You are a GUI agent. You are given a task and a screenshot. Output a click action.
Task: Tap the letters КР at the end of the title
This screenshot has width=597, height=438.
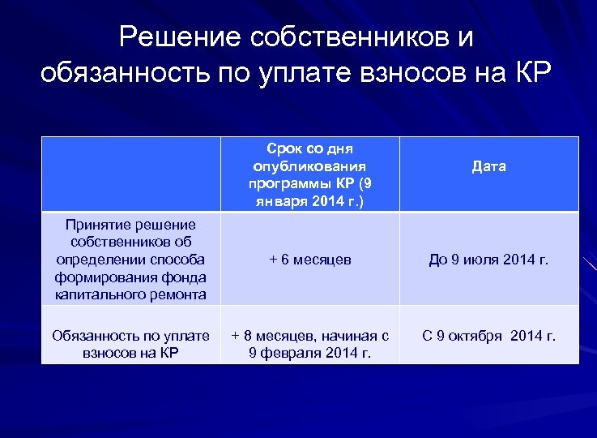click(x=531, y=73)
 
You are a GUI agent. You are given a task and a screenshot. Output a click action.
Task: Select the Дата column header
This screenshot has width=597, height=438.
click(x=488, y=166)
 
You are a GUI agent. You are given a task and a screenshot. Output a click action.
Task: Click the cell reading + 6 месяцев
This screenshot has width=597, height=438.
click(x=310, y=260)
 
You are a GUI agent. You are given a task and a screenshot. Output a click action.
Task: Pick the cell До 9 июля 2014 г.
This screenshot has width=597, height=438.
click(x=488, y=260)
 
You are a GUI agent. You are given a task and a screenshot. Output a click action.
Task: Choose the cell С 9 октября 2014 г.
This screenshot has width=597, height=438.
click(x=488, y=335)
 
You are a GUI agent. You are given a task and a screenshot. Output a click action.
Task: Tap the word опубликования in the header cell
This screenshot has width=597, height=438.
click(x=310, y=166)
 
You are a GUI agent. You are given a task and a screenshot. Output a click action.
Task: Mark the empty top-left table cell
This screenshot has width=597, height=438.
click(x=130, y=174)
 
